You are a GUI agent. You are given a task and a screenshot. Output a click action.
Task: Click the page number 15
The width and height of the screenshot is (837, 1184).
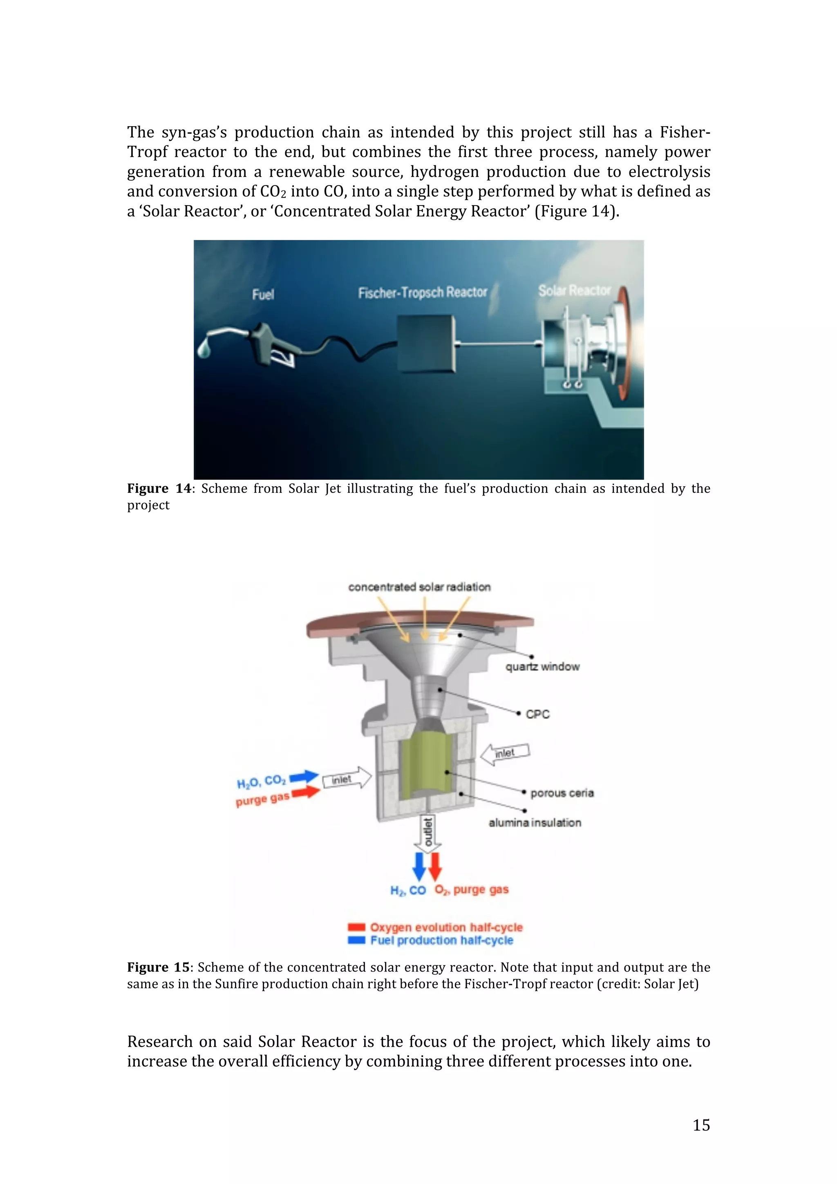tap(701, 1125)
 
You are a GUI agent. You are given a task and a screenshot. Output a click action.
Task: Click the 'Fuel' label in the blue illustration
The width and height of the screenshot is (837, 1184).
tap(263, 295)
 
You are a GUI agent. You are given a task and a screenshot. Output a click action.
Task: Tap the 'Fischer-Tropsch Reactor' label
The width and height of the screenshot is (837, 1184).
tap(422, 293)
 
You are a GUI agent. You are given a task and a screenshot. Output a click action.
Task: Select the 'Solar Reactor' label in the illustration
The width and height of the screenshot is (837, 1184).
tap(574, 290)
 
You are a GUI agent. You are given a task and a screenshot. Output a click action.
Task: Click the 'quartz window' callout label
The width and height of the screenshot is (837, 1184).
tap(542, 666)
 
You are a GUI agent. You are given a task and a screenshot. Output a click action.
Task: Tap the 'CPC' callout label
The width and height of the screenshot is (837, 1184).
tap(537, 714)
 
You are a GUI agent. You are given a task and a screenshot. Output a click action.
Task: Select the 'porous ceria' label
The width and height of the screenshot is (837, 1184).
tap(562, 793)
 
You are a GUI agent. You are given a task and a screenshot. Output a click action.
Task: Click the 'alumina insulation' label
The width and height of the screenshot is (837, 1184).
tap(535, 822)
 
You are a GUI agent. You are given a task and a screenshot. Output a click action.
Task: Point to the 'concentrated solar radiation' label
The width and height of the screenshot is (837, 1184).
tap(419, 587)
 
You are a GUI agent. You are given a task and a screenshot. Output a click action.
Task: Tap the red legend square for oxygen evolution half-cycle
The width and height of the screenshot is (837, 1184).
tap(356, 927)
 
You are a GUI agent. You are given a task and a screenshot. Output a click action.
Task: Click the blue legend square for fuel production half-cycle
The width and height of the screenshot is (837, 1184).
tap(356, 940)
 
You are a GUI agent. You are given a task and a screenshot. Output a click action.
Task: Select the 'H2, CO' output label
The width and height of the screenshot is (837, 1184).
tap(408, 891)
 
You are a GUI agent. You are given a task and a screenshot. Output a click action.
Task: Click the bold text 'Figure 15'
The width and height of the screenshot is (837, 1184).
tap(158, 967)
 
